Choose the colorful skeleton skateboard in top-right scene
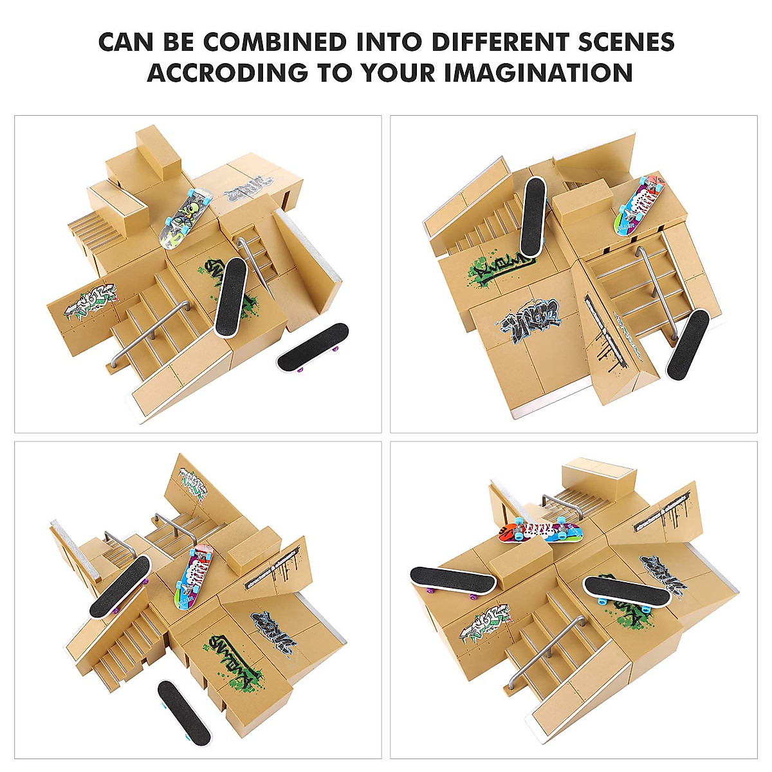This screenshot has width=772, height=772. pyautogui.click(x=639, y=205)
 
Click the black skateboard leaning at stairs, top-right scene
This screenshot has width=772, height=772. pyautogui.click(x=688, y=344)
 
